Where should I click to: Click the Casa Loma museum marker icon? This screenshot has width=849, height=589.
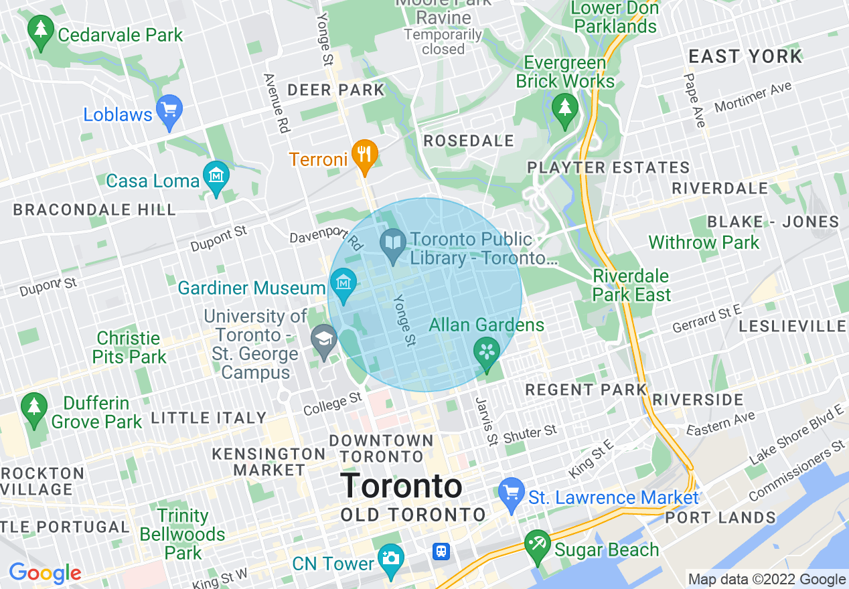[216, 177]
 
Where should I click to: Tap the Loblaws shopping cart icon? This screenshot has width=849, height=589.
[169, 108]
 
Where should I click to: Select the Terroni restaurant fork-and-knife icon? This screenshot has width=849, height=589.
[364, 155]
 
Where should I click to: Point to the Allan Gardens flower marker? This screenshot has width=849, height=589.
[487, 351]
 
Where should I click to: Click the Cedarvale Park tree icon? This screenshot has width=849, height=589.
[42, 30]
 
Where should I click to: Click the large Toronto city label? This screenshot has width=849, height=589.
[401, 487]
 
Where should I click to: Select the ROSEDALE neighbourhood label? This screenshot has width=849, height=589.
[469, 141]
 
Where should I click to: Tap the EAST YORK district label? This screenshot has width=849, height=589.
[745, 57]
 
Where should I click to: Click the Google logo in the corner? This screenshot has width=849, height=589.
[45, 574]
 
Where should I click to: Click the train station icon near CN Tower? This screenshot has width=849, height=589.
[441, 552]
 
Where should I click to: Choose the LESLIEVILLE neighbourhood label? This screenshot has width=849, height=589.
[793, 327]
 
